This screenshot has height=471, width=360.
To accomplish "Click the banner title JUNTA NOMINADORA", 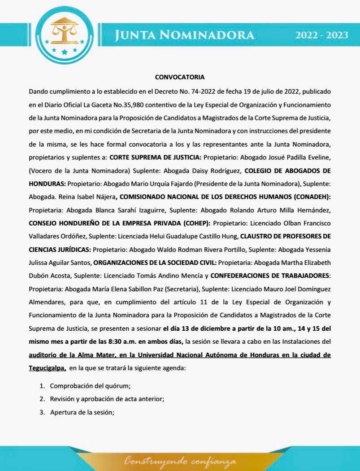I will (184, 35).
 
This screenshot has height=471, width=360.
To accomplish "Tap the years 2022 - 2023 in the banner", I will (321, 35).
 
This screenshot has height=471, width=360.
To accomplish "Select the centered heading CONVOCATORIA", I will (180, 77).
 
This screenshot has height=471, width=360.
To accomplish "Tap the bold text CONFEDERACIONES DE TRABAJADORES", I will (270, 275).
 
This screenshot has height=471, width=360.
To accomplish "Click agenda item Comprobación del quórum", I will (90, 386).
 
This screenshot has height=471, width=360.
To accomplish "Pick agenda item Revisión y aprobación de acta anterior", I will (110, 399).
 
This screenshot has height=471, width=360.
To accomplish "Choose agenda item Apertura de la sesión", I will (82, 412).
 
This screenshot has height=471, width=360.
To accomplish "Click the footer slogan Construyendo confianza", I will (180, 461).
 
